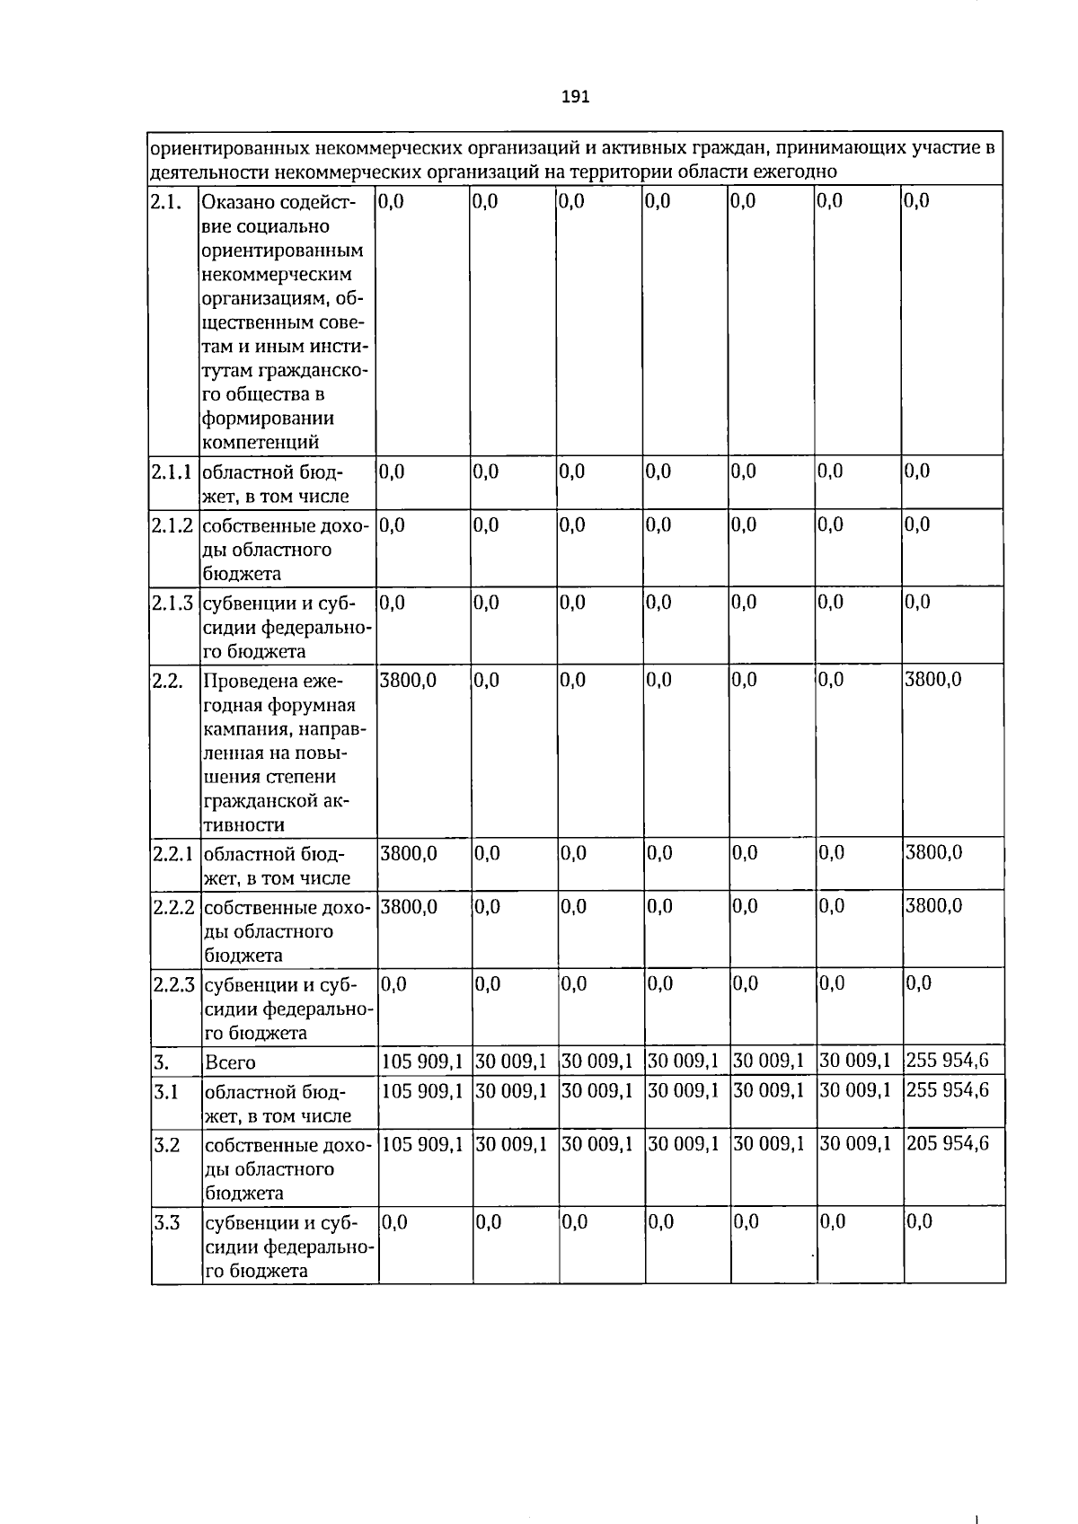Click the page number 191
tap(575, 97)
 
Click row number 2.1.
tap(164, 202)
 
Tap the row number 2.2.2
tap(173, 907)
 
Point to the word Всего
tap(230, 1062)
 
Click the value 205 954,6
tap(947, 1143)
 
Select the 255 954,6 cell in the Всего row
tap(947, 1061)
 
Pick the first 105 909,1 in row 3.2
tap(422, 1143)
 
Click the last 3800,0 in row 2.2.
tap(932, 680)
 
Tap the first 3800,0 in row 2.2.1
tap(408, 852)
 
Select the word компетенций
tap(261, 442)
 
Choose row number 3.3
tap(167, 1222)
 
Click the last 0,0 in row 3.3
tap(919, 1221)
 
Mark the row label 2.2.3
tap(173, 984)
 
